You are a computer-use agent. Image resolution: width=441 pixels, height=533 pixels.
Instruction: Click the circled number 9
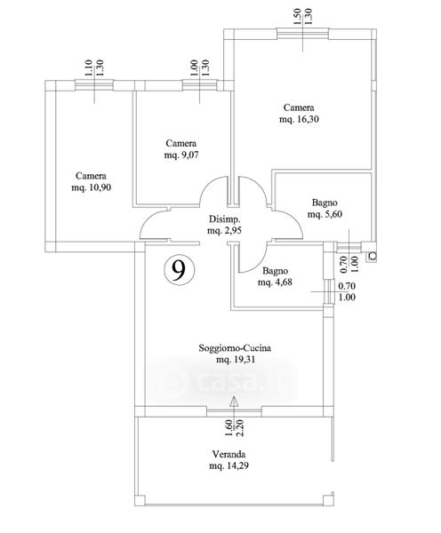179,270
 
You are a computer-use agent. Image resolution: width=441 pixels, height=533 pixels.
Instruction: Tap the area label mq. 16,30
299,120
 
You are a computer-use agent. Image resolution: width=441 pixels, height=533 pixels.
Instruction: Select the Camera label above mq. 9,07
181,143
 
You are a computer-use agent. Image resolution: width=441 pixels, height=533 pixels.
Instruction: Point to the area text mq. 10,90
92,187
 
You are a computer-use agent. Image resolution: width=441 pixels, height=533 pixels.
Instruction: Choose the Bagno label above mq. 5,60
325,203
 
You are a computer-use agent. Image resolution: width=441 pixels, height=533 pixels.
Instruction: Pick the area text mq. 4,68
275,282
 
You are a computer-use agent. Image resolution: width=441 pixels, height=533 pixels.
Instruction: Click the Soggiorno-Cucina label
235,348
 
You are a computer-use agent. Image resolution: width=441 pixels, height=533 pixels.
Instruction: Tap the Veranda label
229,454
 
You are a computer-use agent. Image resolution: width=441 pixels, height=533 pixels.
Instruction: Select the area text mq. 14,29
229,465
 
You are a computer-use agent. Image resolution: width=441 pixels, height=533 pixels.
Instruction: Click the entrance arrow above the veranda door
234,403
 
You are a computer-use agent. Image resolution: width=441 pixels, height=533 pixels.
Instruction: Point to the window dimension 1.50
297,17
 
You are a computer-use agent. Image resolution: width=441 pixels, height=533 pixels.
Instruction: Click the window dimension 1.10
88,68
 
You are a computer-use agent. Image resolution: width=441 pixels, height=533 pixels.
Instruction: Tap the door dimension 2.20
240,428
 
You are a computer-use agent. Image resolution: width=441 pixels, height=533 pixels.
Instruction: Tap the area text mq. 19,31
236,360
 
